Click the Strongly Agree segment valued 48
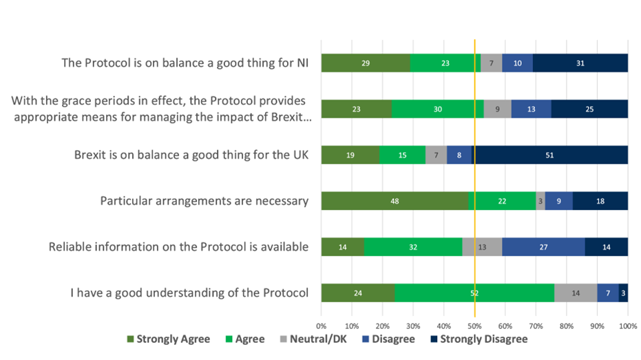[395, 201]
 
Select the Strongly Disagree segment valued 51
[549, 155]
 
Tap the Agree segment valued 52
[474, 293]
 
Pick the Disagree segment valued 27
[543, 246]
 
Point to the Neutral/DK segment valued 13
[482, 246]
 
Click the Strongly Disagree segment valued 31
[580, 63]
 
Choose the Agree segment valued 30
[438, 109]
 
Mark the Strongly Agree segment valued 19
[350, 155]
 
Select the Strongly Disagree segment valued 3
[623, 293]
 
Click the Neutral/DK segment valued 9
[498, 109]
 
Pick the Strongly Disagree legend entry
[479, 339]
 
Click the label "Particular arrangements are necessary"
[204, 201]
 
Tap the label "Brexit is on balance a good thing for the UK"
[191, 155]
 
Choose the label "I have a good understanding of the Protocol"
[189, 293]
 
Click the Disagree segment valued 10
[517, 63]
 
